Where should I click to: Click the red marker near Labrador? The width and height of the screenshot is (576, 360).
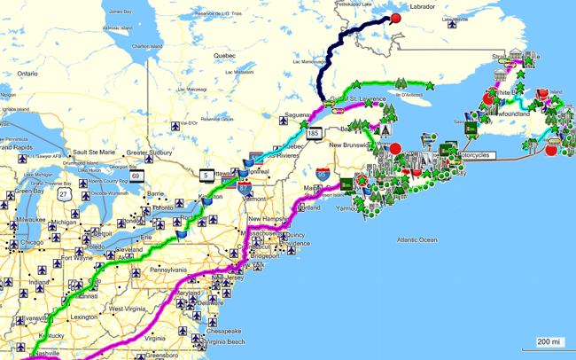pyautogui.click(x=396, y=18)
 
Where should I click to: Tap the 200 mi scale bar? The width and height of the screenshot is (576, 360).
pyautogui.click(x=549, y=341)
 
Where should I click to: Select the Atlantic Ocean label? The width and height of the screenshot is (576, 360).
pyautogui.click(x=416, y=239)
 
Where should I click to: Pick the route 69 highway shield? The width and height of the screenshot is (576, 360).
pyautogui.click(x=136, y=176)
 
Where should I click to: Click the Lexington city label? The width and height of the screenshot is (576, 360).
pyautogui.click(x=83, y=317)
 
